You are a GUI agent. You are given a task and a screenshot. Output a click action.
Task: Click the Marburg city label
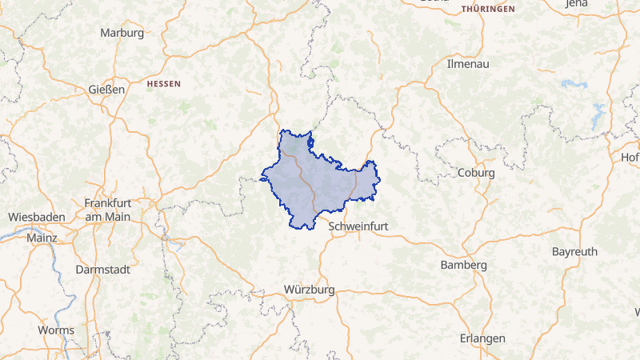(x=122, y=33)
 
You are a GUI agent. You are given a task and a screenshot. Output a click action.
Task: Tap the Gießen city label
(x=106, y=90)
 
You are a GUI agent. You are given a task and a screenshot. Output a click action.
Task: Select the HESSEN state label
(x=164, y=83)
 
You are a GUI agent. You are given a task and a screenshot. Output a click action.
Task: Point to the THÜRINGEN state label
(x=488, y=8)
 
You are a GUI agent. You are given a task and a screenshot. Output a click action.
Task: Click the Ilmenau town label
(x=468, y=62)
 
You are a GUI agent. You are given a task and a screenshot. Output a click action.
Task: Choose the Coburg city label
(x=476, y=172)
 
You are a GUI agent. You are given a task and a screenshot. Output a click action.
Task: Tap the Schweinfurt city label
(x=358, y=226)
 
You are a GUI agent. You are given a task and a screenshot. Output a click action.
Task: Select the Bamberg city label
(x=464, y=265)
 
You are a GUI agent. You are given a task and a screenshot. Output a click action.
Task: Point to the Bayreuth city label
(x=574, y=251)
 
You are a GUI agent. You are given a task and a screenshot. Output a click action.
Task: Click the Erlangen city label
(x=482, y=338)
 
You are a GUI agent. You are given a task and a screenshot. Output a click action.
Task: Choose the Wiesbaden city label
(x=37, y=217)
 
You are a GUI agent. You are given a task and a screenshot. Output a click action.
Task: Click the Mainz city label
(x=42, y=238)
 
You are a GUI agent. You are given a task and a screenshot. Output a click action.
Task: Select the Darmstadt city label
(x=102, y=270)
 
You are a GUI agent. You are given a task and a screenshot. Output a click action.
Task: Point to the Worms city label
(x=56, y=330)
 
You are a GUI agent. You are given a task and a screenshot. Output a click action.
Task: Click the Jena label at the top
(x=598, y=4)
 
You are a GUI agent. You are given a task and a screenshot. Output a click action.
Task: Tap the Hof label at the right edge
(x=630, y=158)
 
